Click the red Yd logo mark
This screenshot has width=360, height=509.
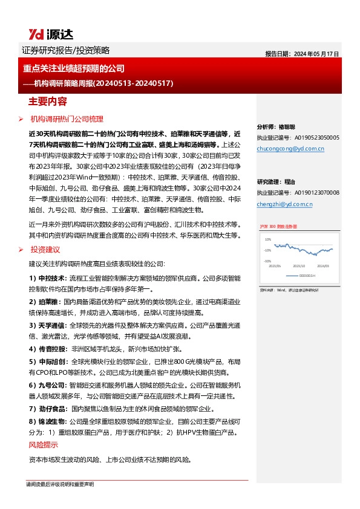click(x=35, y=34)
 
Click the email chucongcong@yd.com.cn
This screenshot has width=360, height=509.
click(x=290, y=148)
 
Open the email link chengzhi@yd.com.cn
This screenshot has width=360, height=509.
click(x=284, y=204)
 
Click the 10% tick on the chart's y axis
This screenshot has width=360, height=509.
click(x=267, y=239)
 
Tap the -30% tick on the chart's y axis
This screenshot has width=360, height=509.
click(x=267, y=261)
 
